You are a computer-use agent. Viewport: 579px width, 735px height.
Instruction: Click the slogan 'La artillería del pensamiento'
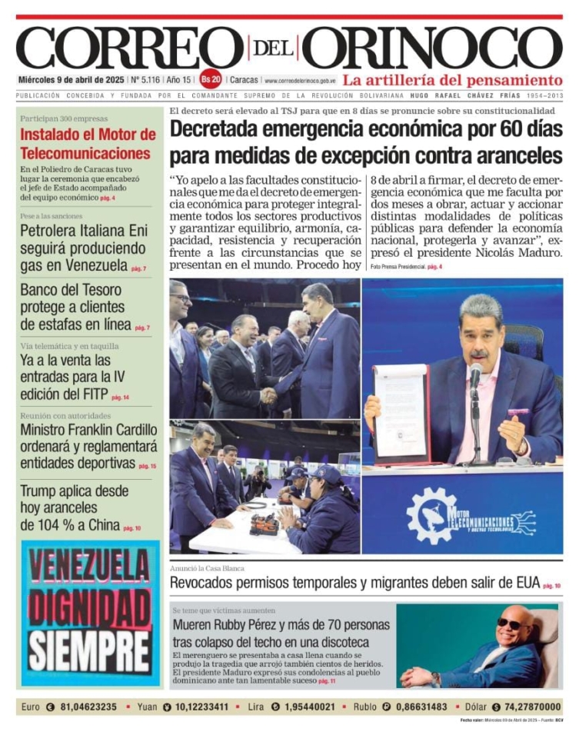point(452,80)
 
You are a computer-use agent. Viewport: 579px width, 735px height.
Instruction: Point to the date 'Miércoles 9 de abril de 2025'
point(71,80)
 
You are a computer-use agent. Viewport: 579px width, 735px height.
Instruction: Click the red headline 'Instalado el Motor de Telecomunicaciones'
point(88,144)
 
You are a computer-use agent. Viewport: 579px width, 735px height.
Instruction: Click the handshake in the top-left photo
point(268,395)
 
